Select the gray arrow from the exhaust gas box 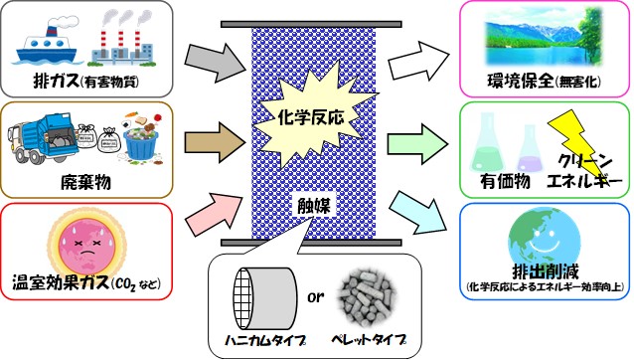(216, 62)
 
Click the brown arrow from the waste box (215, 143)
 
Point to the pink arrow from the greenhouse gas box (215, 214)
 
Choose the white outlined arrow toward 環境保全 (418, 61)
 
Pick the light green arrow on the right (417, 144)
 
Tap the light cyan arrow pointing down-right (419, 214)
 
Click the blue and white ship (48, 41)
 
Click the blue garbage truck (44, 138)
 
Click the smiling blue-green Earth (544, 240)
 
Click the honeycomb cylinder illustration (265, 298)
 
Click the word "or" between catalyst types (315, 297)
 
